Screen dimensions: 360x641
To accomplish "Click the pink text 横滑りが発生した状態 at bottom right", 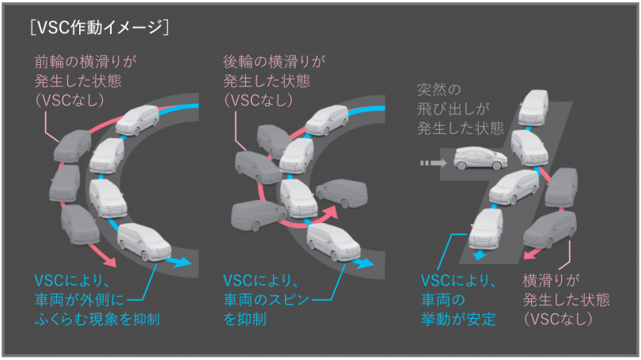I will click(566, 300).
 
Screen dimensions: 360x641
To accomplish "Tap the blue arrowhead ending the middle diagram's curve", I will click(365, 263).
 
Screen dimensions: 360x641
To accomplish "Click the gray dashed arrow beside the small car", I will click(433, 163).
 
